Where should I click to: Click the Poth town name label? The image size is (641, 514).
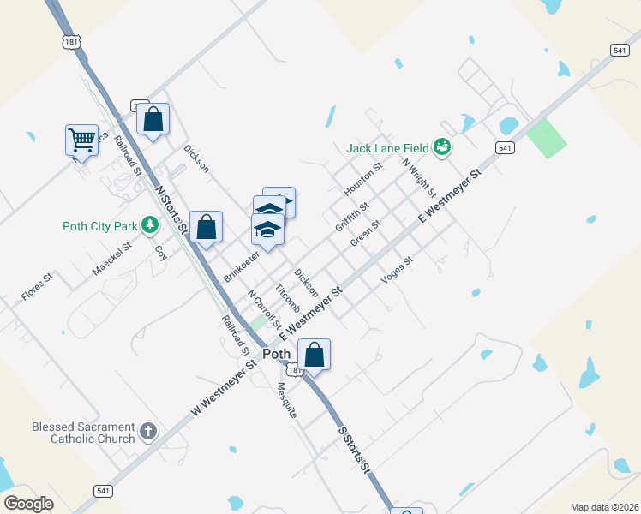[x=277, y=354]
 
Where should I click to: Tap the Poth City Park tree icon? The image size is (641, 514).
[x=151, y=225]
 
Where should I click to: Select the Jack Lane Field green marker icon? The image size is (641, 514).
[x=442, y=148]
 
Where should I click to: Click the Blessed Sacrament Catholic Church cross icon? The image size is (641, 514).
[x=148, y=431]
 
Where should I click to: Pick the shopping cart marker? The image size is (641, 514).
[x=81, y=140]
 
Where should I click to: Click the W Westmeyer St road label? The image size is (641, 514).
[x=224, y=387]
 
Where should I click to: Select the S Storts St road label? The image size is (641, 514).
[x=354, y=451]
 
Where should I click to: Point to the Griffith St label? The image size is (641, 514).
[x=352, y=216]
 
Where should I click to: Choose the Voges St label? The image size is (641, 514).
[x=397, y=272]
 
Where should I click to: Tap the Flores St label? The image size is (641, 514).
[x=37, y=286]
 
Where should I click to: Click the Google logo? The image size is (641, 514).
[x=29, y=504]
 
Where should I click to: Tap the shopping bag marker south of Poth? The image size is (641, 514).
[x=314, y=354]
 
